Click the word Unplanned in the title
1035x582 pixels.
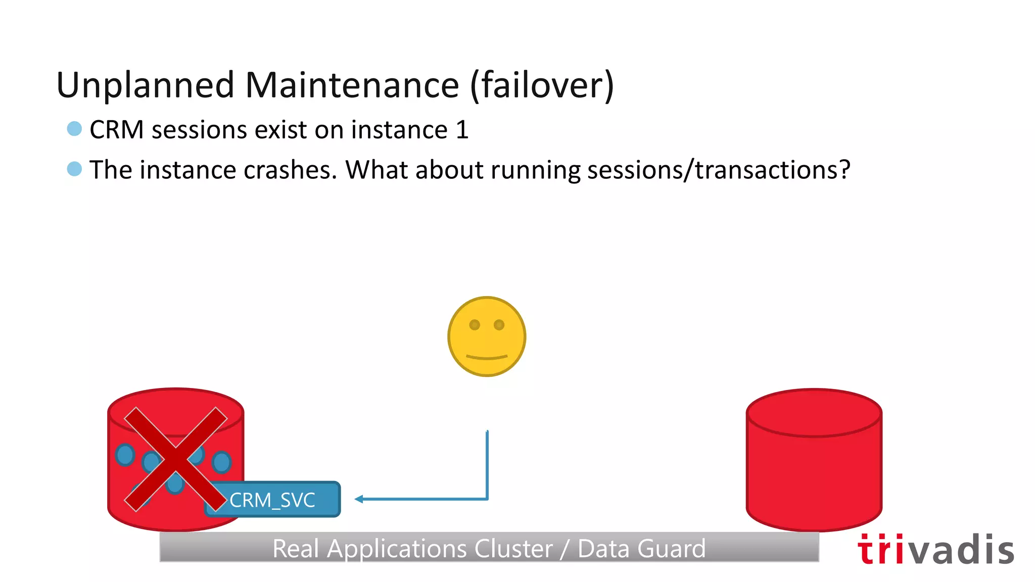point(146,85)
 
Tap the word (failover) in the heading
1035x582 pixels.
point(542,85)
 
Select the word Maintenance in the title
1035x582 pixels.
point(352,85)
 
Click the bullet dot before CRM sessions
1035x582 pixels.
point(74,129)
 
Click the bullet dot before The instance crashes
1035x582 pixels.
point(74,169)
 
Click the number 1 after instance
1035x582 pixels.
point(462,130)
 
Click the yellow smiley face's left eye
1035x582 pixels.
point(475,325)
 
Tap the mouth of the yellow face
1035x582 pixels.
point(487,357)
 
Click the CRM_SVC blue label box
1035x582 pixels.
point(273,500)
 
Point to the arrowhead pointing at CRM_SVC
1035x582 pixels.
point(359,499)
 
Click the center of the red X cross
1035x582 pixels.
point(175,459)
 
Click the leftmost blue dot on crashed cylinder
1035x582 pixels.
point(125,454)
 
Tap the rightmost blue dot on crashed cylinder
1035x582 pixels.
point(221,462)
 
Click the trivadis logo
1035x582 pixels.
point(935,550)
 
